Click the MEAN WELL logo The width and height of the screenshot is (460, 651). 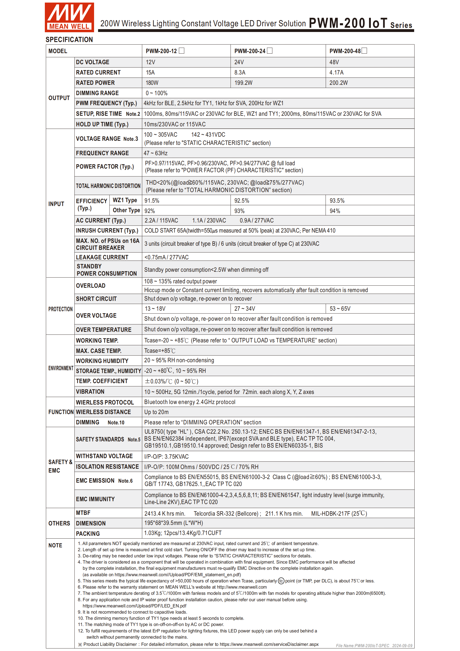point(69,17)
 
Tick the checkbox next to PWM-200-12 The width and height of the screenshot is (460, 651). point(182,51)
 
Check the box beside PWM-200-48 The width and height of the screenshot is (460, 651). point(364,51)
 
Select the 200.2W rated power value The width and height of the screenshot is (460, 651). point(338,83)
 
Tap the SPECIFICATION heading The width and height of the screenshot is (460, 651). point(69,40)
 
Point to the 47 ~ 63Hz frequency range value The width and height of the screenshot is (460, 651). point(156,153)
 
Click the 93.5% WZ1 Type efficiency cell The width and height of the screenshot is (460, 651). point(337,201)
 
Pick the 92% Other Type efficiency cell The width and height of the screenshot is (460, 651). point(150,211)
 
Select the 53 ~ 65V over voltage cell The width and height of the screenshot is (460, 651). point(340,309)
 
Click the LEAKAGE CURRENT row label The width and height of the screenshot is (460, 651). point(102,257)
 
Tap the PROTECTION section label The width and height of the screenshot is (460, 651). point(60,309)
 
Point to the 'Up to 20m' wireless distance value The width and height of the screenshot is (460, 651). point(156,412)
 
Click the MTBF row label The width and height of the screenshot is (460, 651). point(83,513)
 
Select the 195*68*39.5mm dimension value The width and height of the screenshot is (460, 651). point(173,523)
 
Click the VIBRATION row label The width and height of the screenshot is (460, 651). point(90,392)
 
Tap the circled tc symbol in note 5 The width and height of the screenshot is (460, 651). point(281,581)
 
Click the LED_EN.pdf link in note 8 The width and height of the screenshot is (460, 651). point(134,606)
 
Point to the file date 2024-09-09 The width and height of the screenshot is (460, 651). point(402,646)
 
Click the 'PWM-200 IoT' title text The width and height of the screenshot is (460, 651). point(348,23)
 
